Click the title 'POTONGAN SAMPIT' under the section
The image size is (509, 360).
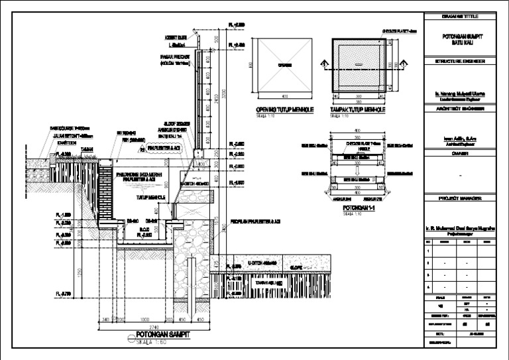click(158, 335)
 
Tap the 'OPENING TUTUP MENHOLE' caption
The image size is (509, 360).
click(284, 109)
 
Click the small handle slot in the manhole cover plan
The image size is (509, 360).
click(359, 65)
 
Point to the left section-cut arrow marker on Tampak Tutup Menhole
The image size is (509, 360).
click(323, 64)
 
